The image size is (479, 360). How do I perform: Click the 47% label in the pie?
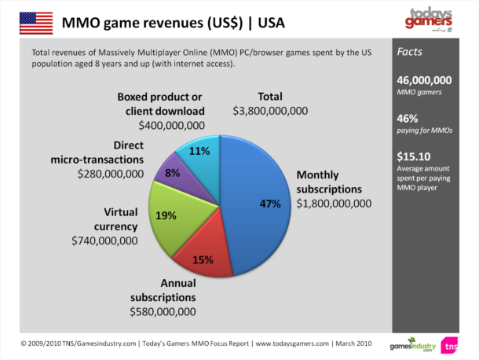270,204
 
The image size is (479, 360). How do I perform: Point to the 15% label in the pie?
203,260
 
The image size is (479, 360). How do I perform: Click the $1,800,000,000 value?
333,204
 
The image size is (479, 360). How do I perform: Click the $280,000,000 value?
111,173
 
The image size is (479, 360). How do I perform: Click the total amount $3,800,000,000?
270,111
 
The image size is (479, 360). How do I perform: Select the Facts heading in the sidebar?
411,53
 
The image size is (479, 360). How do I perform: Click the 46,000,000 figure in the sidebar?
424,80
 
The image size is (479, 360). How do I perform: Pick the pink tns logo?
450,344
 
